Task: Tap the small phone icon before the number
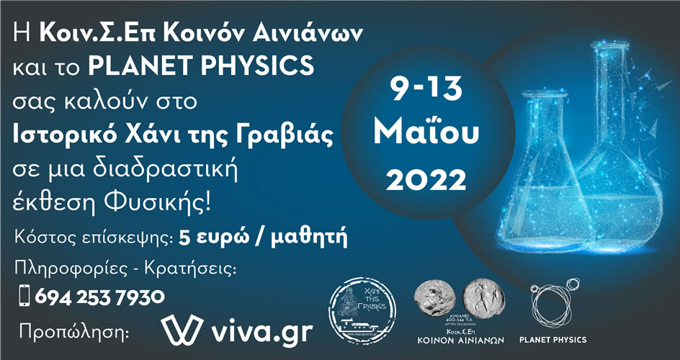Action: [24, 296]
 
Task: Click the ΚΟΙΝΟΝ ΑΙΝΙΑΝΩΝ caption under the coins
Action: [461, 340]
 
